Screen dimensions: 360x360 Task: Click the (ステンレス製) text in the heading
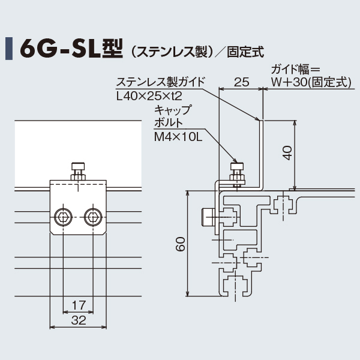click(x=172, y=51)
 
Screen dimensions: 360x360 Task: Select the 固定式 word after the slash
click(x=246, y=51)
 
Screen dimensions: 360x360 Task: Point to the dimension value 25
click(x=241, y=82)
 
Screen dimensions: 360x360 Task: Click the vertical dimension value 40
click(x=287, y=153)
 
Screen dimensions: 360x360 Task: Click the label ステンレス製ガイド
click(x=161, y=82)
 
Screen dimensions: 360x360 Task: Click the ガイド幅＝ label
click(x=298, y=70)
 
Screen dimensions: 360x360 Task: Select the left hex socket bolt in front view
click(x=63, y=215)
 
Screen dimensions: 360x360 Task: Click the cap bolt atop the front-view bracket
click(x=78, y=170)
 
